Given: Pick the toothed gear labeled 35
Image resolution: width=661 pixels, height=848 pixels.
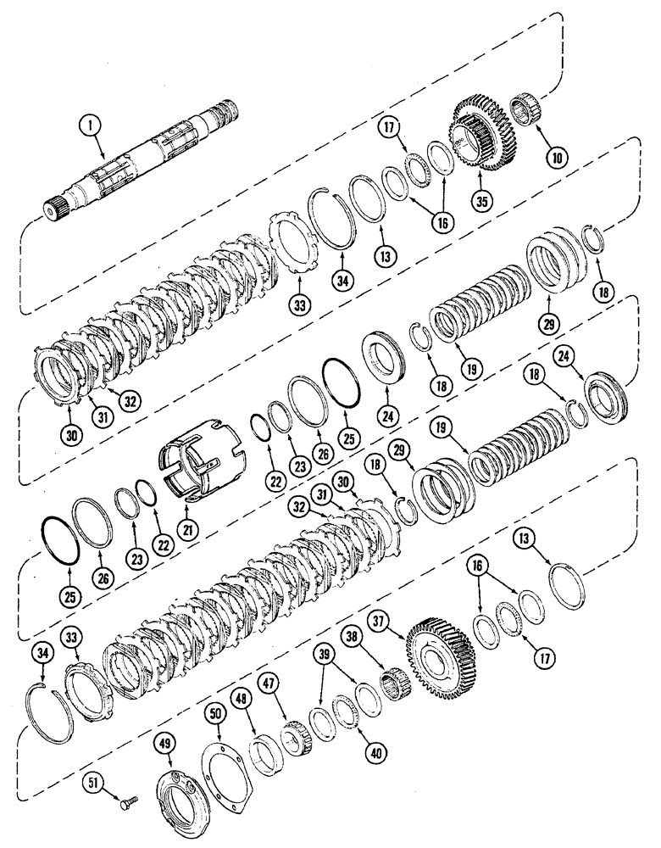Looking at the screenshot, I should (478, 136).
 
